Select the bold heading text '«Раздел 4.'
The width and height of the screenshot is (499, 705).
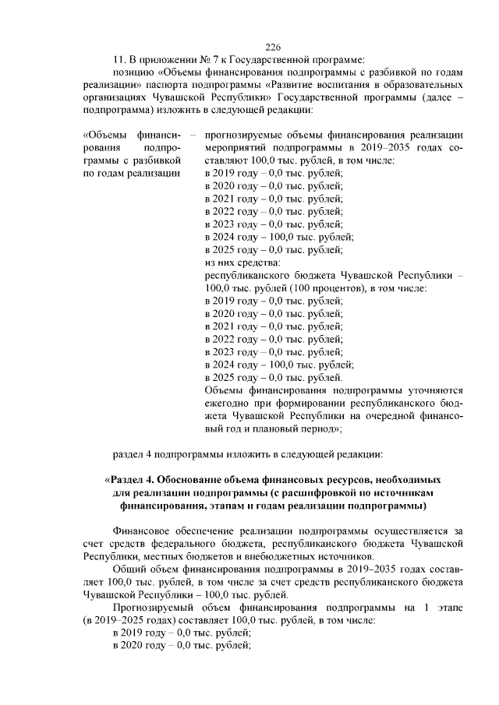tap(136, 480)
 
